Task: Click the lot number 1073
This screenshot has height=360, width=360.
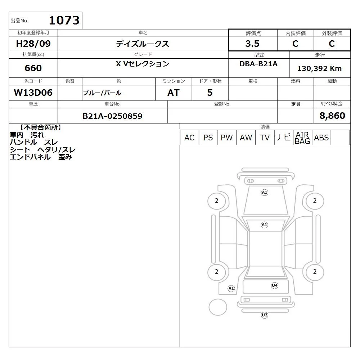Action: pyautogui.click(x=64, y=20)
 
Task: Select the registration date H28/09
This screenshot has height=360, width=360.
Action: pyautogui.click(x=33, y=44)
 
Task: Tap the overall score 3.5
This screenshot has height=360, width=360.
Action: pyautogui.click(x=252, y=44)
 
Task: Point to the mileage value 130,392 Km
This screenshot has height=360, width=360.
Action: pyautogui.click(x=319, y=68)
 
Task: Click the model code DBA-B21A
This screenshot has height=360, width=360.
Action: pyautogui.click(x=258, y=64)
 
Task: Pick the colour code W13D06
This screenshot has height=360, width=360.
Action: pyautogui.click(x=33, y=93)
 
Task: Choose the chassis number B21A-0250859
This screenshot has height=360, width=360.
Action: pyautogui.click(x=112, y=116)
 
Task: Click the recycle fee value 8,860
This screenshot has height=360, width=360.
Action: pyautogui.click(x=332, y=116)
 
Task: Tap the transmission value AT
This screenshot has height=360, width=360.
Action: pyautogui.click(x=174, y=93)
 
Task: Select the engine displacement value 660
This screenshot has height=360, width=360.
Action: pyautogui.click(x=33, y=68)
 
